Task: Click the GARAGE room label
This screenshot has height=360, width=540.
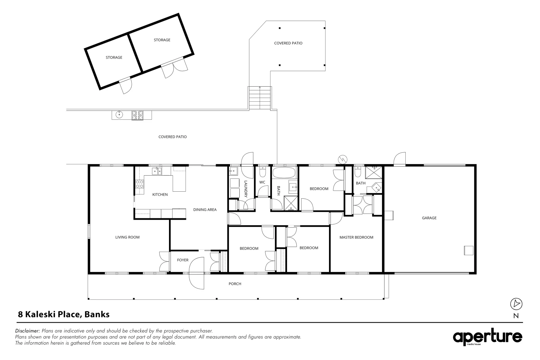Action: point(429,218)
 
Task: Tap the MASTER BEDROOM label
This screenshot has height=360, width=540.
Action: point(356,237)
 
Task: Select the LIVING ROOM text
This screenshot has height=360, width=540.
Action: point(127,237)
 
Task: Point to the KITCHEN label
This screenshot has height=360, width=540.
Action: point(160,195)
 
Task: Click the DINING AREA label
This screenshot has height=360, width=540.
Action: point(205,210)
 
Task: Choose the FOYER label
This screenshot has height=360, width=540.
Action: point(183,260)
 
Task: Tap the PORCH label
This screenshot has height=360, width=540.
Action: point(235,284)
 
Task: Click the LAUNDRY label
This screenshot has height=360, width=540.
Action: point(246,189)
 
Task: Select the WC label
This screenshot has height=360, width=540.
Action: point(262,182)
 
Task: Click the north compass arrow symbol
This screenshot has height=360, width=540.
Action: point(516,304)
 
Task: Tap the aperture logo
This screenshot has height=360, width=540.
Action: point(487,337)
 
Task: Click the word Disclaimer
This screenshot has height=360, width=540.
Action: point(27,331)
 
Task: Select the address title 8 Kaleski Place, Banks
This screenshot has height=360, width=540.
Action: point(64,314)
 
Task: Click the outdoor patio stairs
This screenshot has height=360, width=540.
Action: point(260,98)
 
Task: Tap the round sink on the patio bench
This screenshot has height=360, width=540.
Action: point(119,115)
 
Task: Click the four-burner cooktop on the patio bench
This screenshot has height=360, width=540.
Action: point(137,115)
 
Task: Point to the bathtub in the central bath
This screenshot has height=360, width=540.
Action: point(284,173)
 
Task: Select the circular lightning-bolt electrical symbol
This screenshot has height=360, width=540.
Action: point(343,159)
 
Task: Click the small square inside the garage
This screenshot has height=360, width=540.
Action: point(469,251)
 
